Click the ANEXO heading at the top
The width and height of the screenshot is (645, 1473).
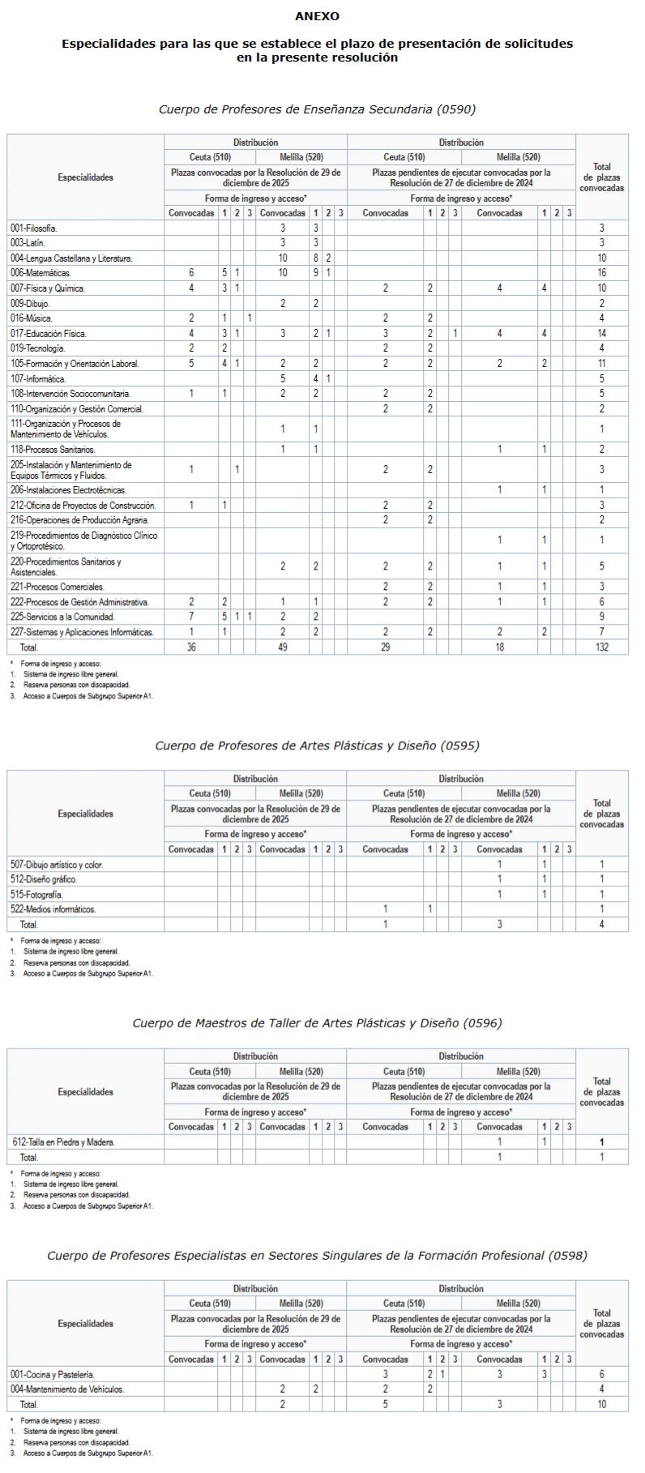[317, 16]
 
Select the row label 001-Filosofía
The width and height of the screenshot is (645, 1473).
[34, 228]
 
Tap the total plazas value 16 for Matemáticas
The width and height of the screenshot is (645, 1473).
[601, 273]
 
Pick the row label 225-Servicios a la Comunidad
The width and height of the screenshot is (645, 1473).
[62, 617]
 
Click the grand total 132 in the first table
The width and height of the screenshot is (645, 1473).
[601, 647]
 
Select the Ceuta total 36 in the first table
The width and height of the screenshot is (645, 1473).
[191, 647]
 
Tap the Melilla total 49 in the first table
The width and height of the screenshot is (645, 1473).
[283, 647]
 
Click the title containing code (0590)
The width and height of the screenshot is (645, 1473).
[317, 109]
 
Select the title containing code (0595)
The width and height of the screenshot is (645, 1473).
[317, 745]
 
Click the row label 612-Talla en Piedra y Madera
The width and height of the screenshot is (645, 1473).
[64, 1142]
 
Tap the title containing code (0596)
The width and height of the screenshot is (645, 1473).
[317, 1023]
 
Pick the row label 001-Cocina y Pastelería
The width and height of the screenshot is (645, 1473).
[53, 1374]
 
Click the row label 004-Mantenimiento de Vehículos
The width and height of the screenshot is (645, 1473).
[67, 1389]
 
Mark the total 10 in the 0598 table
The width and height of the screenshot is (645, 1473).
[601, 1404]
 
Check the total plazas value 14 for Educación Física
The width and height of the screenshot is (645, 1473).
[601, 334]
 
